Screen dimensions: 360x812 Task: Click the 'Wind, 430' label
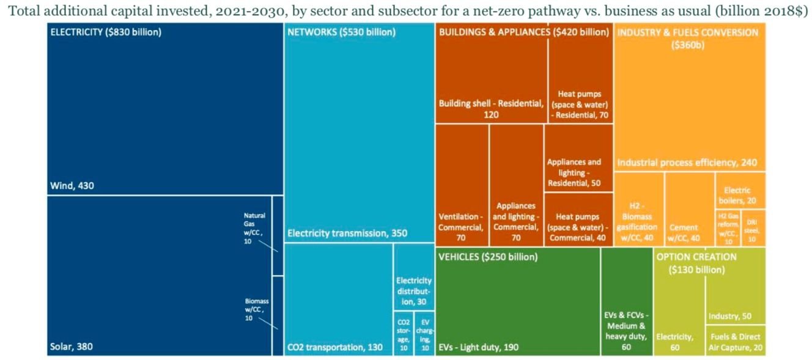coord(71,185)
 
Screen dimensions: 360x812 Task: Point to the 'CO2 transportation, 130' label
coord(334,347)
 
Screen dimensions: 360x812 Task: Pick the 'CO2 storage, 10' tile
coord(403,334)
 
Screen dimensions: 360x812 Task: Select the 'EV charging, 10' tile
coord(424,334)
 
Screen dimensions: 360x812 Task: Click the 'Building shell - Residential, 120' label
coord(491,108)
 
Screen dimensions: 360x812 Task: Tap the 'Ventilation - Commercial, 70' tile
coord(462,227)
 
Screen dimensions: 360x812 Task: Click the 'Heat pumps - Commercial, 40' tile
coord(577,227)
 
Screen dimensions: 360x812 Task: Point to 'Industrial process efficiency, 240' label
coord(687,163)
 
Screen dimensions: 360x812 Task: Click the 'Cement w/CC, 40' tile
coord(688,232)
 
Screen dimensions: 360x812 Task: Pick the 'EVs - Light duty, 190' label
coord(479,347)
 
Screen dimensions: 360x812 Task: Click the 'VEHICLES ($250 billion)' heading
coord(488,257)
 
